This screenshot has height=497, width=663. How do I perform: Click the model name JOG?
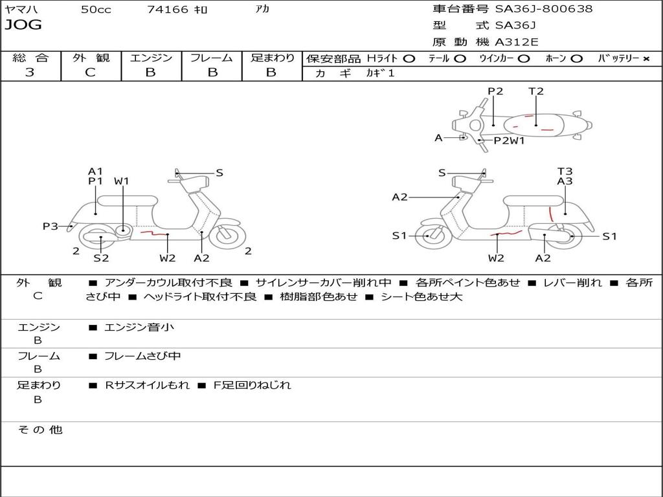(23, 25)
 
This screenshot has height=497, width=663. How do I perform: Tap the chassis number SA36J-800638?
(544, 9)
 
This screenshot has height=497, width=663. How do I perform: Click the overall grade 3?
(30, 72)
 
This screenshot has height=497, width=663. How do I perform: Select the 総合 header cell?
(30, 58)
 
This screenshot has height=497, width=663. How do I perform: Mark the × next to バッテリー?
(646, 58)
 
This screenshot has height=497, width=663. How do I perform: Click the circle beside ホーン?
(577, 58)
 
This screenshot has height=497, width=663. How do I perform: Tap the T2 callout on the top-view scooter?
(536, 91)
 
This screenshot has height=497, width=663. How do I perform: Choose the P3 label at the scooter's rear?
(51, 226)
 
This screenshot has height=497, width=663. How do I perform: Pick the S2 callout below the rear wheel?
(100, 258)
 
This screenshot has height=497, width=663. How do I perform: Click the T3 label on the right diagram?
(565, 171)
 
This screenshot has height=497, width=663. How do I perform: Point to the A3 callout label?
(565, 181)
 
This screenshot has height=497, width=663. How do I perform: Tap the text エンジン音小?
(139, 327)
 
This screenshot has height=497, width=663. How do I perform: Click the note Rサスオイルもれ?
(148, 385)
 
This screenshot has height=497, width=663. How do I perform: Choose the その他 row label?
(39, 430)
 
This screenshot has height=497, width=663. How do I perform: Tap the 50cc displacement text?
(96, 10)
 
